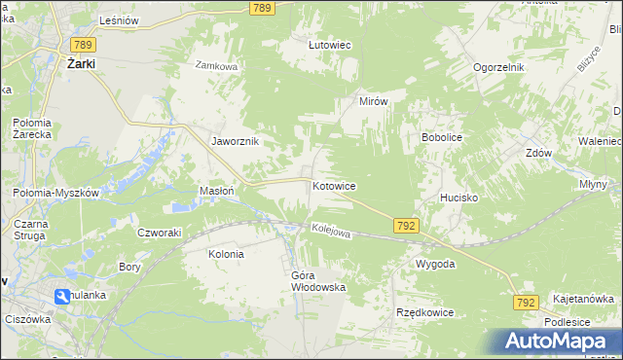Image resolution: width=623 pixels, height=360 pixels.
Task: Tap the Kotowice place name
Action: [x=333, y=185]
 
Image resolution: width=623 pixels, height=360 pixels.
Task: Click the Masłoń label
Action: [x=216, y=191]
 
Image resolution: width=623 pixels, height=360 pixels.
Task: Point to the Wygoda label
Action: [x=435, y=264]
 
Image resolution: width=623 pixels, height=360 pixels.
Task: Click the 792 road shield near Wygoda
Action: [x=407, y=225]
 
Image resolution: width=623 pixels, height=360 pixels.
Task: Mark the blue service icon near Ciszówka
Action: [x=61, y=296]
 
